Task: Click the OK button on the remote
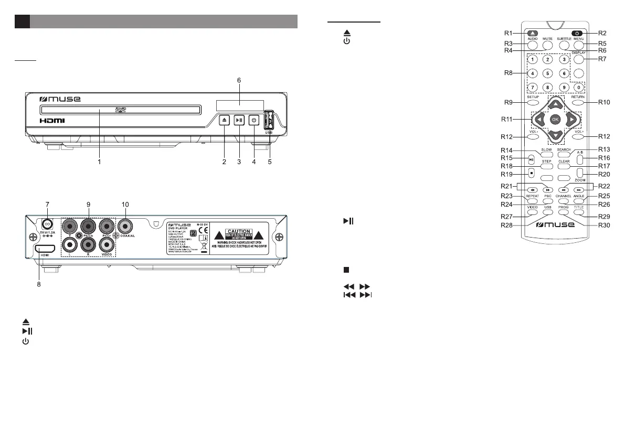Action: [x=555, y=120]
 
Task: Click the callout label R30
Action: [x=605, y=225]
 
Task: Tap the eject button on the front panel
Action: [x=224, y=120]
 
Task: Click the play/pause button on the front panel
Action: [x=239, y=120]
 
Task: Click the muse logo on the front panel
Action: [x=61, y=100]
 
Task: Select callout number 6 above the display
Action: [x=239, y=80]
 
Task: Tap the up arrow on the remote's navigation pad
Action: [x=555, y=103]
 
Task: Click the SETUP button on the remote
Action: [x=533, y=103]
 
